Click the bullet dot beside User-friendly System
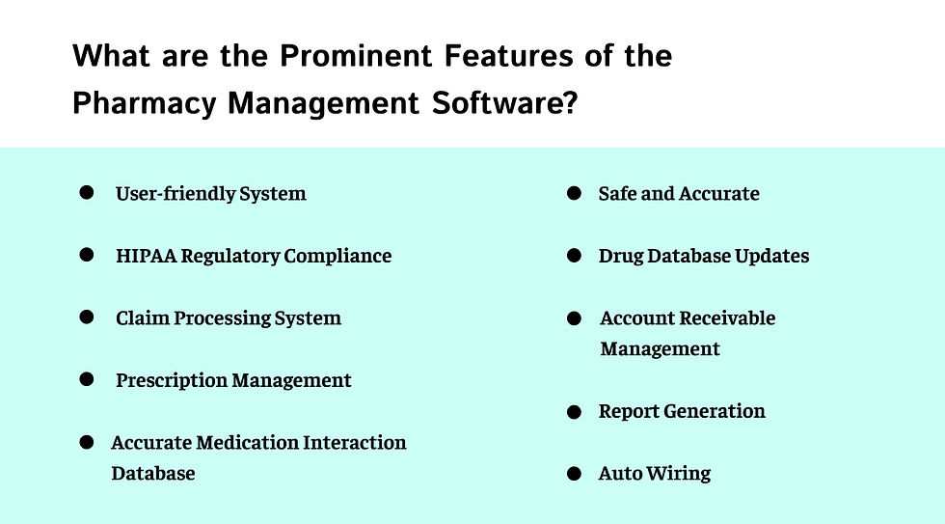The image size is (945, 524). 87,193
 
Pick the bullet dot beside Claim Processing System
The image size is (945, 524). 87,317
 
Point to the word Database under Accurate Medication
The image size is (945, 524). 153,473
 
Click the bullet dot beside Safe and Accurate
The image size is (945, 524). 575,194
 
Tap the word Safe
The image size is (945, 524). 617,194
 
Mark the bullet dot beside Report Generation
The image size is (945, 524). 575,412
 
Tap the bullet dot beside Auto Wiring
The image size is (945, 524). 575,474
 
